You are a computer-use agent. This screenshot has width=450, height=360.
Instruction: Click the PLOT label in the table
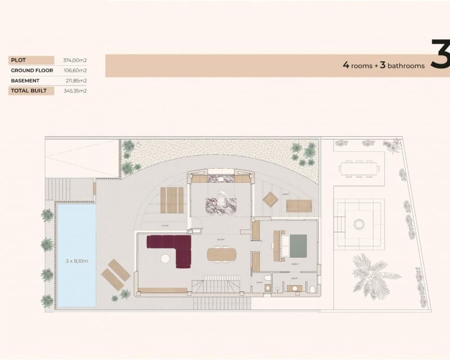pyautogui.click(x=19, y=60)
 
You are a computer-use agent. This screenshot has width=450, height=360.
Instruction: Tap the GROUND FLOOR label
pyautogui.click(x=31, y=70)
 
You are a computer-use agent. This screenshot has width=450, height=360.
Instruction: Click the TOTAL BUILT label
pyautogui.click(x=29, y=91)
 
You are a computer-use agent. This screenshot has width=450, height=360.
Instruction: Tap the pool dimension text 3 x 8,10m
pyautogui.click(x=76, y=260)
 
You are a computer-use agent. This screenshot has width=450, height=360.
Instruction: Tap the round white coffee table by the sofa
pyautogui.click(x=165, y=259)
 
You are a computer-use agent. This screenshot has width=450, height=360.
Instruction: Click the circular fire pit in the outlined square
pyautogui.click(x=359, y=224)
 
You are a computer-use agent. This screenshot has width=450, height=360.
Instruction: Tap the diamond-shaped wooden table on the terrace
pyautogui.click(x=271, y=199)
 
